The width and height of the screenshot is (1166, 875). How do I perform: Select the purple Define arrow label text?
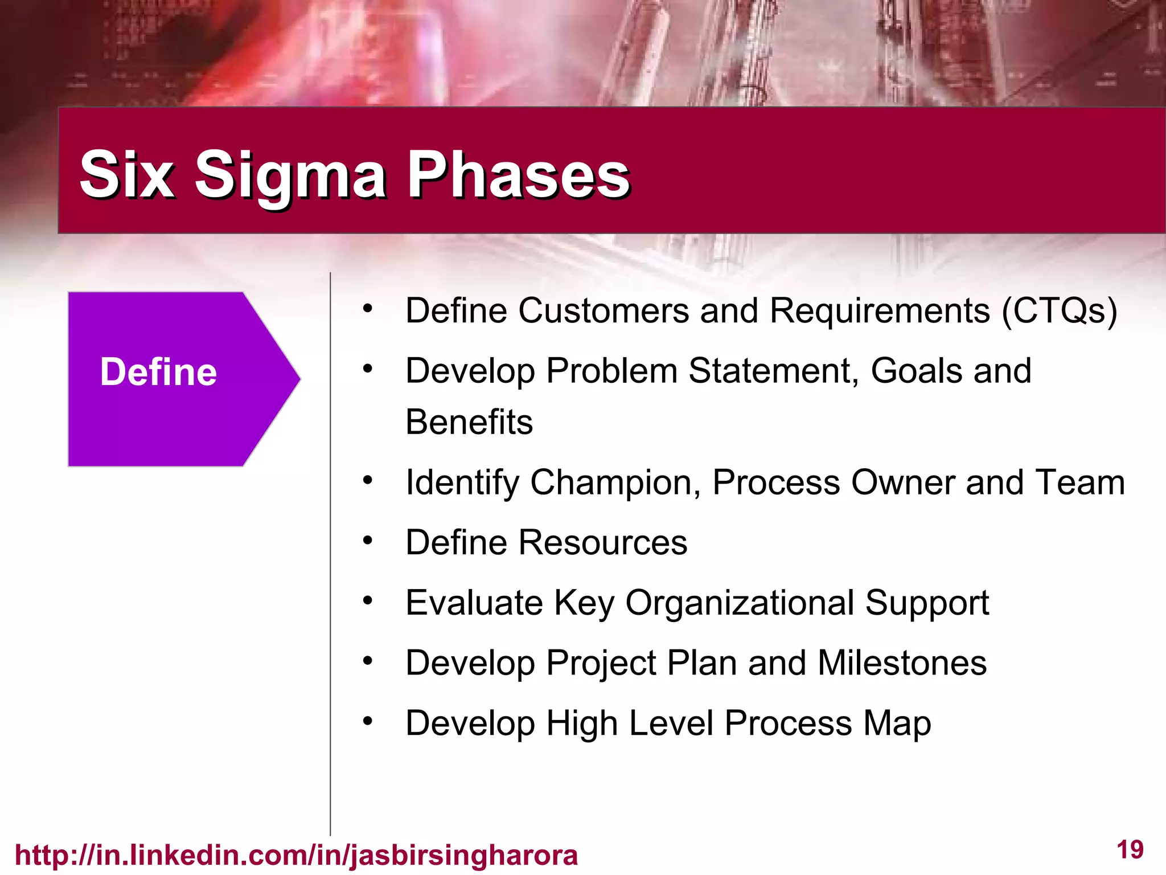158,372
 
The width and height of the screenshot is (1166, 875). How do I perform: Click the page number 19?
1130,849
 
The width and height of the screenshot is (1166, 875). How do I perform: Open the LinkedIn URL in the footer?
296,855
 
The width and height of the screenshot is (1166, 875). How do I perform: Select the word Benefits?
469,422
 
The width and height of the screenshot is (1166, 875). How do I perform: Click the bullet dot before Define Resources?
368,539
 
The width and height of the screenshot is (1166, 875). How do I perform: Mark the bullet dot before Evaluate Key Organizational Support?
368,600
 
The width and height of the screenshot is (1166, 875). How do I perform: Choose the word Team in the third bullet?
1079,483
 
